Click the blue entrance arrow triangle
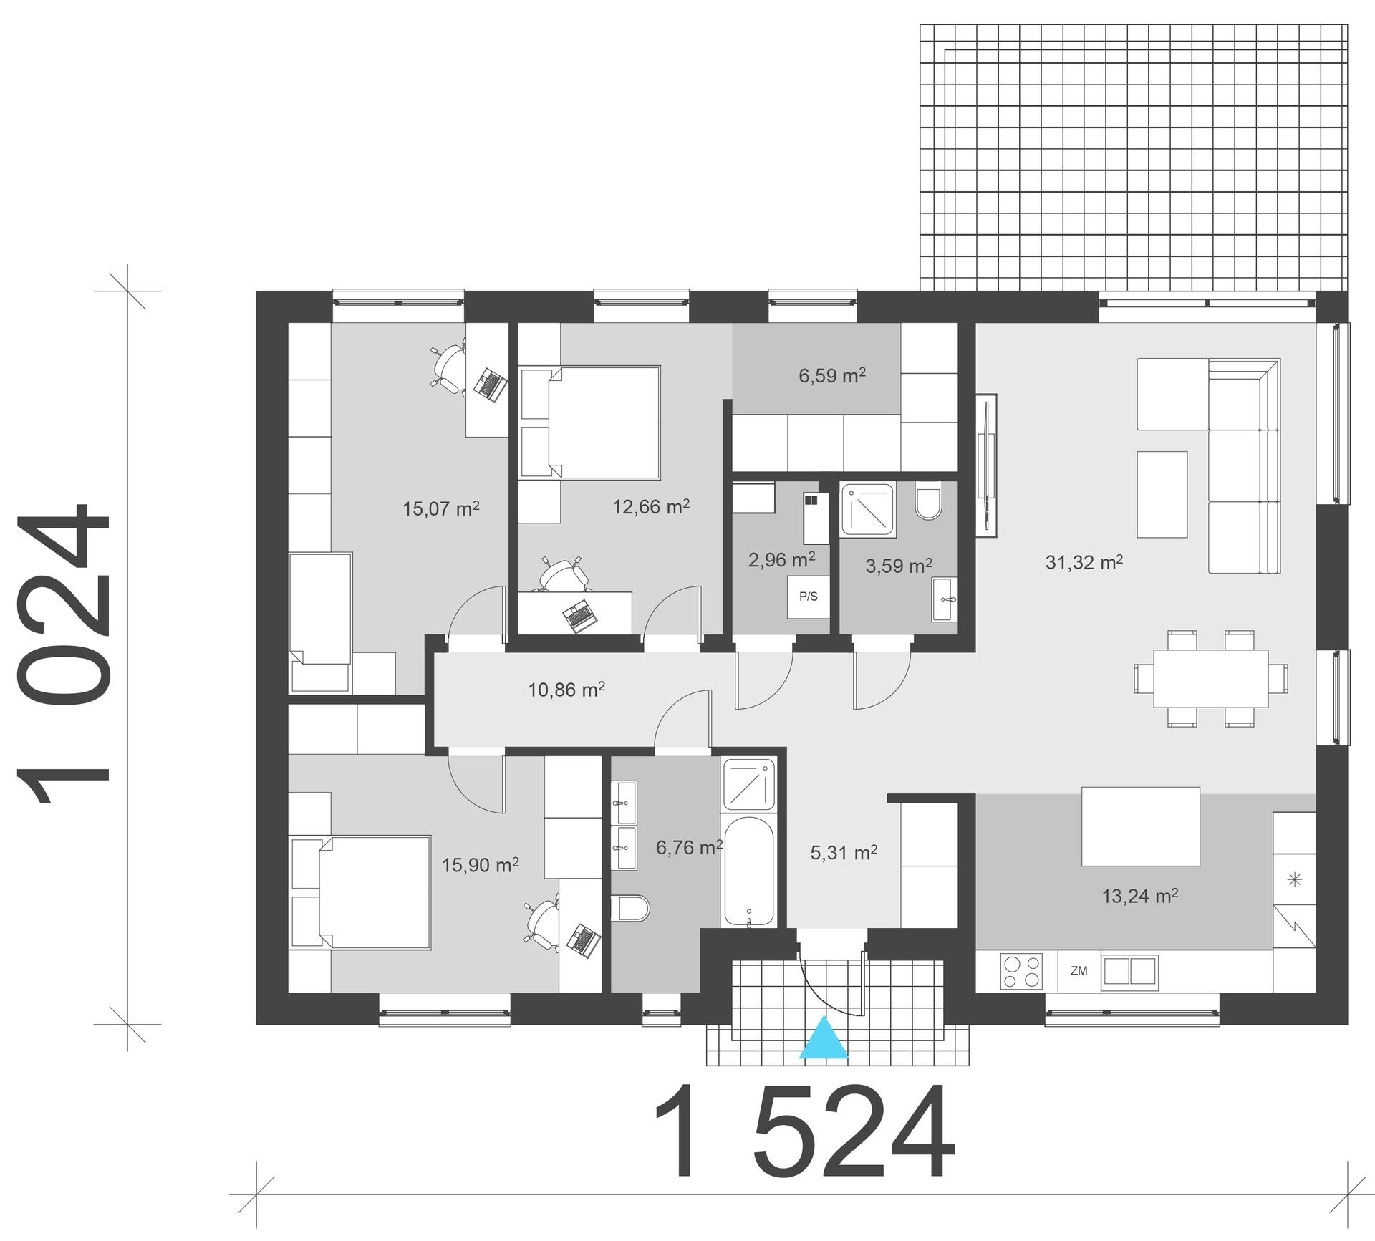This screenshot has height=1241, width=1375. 824,1039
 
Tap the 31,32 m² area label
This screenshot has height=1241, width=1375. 1084,562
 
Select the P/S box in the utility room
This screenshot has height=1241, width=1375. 808,597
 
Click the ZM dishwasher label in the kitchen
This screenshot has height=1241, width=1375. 1079,971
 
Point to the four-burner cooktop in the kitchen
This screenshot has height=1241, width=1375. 1022,972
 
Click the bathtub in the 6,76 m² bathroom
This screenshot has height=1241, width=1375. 748,871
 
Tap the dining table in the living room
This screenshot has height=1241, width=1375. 1210,678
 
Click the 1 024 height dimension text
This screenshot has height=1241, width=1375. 64,653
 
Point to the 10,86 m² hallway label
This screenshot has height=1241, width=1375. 566,690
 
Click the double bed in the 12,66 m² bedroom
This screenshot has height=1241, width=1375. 603,422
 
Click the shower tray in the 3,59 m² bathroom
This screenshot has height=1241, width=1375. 868,509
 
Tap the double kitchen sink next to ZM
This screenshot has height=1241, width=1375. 1129,971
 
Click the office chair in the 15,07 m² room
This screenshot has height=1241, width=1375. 450,368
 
